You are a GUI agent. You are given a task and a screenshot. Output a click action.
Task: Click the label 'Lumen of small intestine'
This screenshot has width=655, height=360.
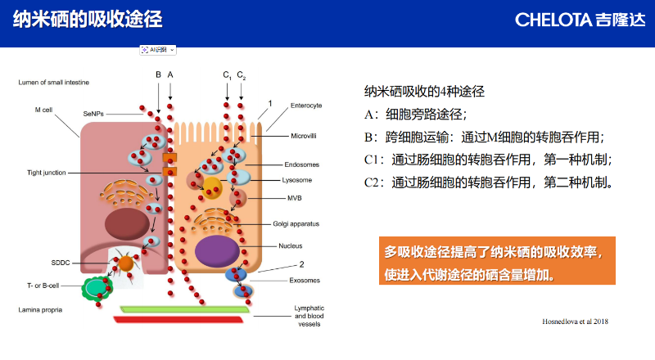pos(54,83)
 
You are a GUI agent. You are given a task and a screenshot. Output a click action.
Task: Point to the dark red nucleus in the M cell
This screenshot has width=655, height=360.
pos(127,222)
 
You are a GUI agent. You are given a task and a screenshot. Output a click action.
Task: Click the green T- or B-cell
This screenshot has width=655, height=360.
pos(97,287)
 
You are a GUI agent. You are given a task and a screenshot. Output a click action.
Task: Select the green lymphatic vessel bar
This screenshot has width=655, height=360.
pos(184,308)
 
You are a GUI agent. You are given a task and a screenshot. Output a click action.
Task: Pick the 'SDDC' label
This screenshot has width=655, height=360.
pos(61,263)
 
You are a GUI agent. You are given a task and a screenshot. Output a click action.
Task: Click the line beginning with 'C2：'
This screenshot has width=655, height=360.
pos(488,182)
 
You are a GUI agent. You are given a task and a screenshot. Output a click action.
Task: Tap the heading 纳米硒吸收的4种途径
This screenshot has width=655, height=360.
pos(430,91)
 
